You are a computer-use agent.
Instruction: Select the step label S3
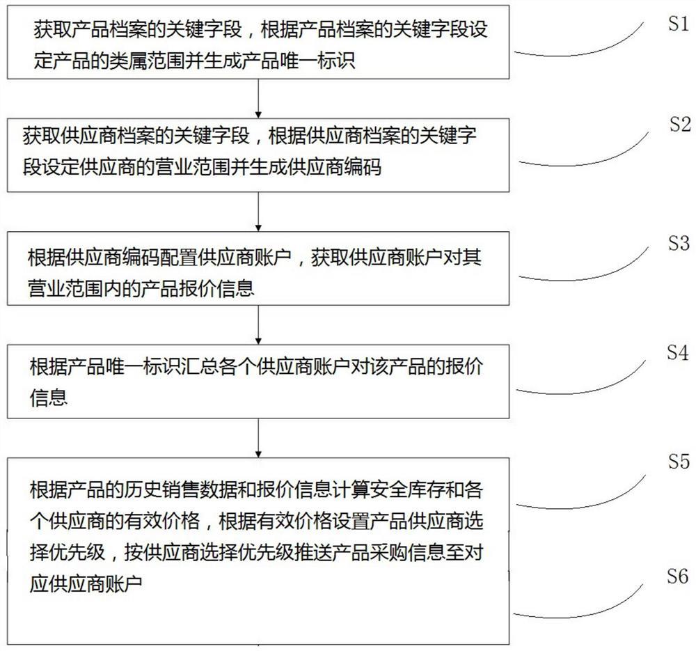tap(678, 244)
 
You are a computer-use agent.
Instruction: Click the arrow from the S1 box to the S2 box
tap(259, 97)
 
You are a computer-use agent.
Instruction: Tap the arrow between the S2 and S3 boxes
tap(259, 211)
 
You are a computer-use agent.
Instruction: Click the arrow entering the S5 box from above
tap(259, 437)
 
